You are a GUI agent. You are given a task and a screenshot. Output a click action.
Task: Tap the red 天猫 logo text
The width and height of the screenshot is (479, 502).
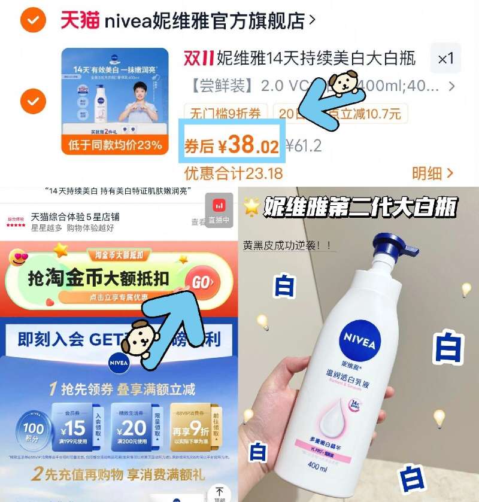(x=79, y=21)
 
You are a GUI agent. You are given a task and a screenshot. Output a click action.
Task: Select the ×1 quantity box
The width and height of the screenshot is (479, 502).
(x=445, y=59)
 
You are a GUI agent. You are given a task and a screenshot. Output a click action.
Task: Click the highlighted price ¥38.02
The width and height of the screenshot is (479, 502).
(x=232, y=145)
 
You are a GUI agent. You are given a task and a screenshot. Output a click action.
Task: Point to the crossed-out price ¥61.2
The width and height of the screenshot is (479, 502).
(x=304, y=145)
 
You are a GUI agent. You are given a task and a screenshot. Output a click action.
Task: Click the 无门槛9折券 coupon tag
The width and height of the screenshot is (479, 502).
(x=226, y=113)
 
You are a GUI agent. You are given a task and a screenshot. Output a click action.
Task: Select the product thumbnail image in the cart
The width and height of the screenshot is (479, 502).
(x=114, y=101)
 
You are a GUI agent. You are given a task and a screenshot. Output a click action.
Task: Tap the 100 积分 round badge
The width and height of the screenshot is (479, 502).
(x=33, y=429)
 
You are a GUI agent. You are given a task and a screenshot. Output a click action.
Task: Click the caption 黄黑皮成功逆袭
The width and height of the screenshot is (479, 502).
(x=287, y=245)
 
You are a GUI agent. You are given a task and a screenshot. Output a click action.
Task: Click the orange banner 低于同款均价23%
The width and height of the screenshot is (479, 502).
(x=114, y=144)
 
